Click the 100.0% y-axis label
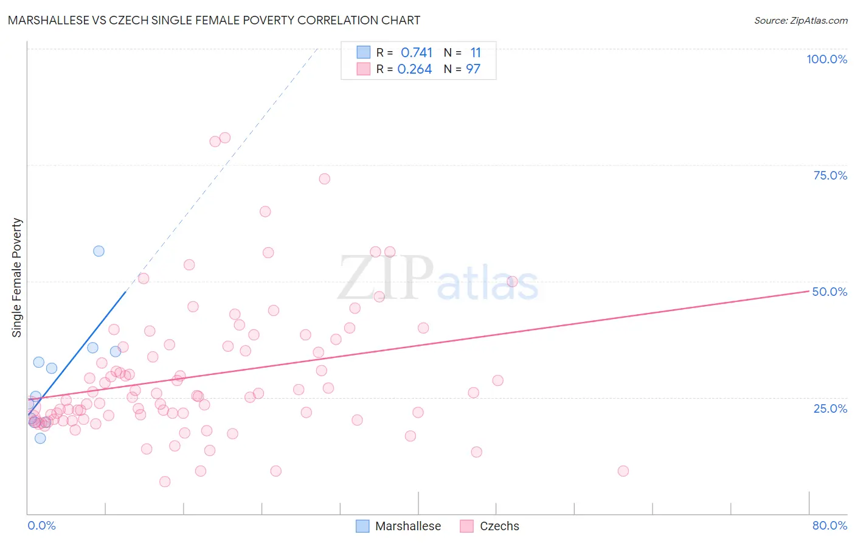[826, 59]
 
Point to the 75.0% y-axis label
[830, 175]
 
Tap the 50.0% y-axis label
[829, 292]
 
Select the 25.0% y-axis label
[830, 408]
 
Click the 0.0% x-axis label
[41, 525]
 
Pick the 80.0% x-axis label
[829, 525]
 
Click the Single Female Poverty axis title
[17, 278]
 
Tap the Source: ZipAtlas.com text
[800, 20]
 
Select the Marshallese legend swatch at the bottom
[362, 526]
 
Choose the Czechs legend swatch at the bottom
[467, 526]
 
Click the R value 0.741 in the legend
[417, 53]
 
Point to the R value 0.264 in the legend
[415, 69]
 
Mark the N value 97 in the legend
[473, 69]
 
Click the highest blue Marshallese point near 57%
[99, 251]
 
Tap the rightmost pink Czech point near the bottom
[623, 471]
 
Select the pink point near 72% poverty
[324, 178]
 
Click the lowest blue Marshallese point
[40, 438]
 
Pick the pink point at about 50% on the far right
[512, 281]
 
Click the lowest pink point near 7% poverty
[165, 482]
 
